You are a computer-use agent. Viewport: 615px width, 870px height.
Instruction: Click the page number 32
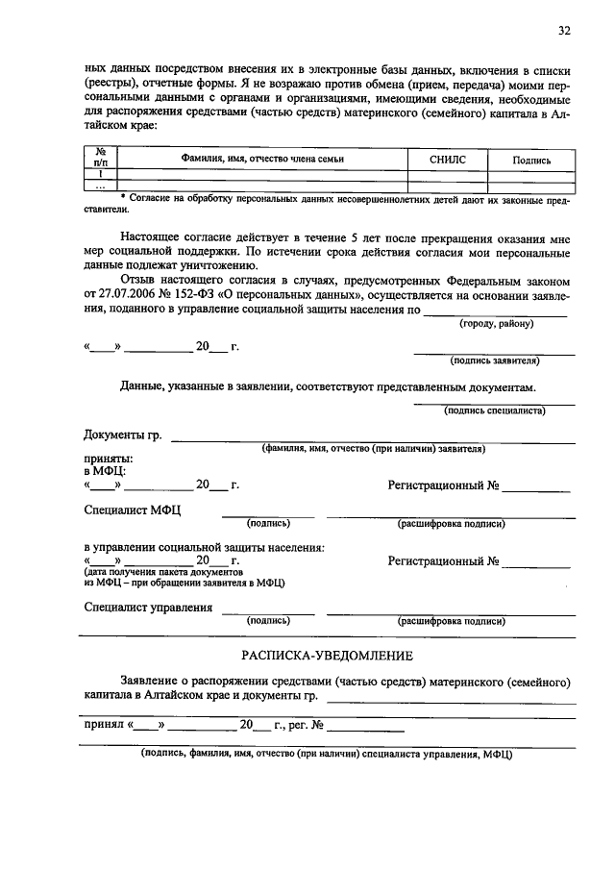click(x=565, y=30)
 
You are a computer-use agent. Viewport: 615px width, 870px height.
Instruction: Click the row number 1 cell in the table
click(x=100, y=174)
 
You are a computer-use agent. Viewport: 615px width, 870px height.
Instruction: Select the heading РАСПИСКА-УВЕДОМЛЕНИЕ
click(x=328, y=656)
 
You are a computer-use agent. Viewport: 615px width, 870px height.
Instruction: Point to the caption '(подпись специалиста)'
click(x=495, y=410)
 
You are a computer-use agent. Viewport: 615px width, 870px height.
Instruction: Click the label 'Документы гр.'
click(x=123, y=437)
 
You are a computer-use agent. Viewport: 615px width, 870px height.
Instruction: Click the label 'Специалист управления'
click(x=148, y=608)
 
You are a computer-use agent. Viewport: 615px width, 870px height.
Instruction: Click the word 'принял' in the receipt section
click(x=105, y=725)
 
